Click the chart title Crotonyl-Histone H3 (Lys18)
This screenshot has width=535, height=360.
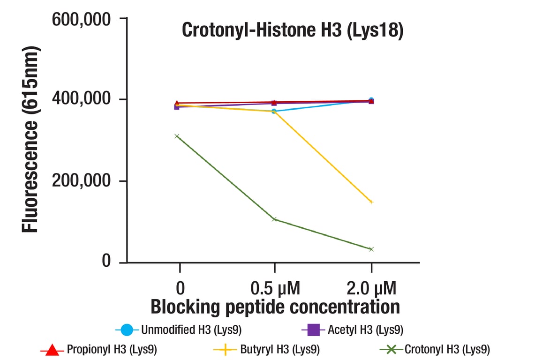(292, 30)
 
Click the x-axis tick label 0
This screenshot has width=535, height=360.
(180, 287)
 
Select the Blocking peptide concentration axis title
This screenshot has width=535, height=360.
(275, 307)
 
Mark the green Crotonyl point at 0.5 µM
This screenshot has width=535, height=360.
(274, 219)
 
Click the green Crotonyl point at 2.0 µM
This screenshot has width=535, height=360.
(371, 249)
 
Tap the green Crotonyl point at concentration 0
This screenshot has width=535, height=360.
(177, 136)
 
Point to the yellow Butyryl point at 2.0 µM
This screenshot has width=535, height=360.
(371, 202)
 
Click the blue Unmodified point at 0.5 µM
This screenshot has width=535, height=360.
(274, 111)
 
